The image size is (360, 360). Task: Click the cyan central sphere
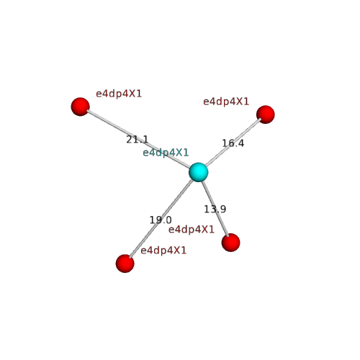198,172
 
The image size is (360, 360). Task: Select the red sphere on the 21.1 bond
81,107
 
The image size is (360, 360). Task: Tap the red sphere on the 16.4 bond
266,114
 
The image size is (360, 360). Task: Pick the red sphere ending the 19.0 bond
125,264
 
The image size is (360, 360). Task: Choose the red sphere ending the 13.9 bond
230,243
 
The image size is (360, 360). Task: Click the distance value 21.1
138,140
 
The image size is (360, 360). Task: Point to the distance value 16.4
233,143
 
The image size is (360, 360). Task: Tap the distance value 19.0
161,220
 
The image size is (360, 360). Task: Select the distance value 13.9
215,210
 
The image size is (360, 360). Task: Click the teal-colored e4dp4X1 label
166,153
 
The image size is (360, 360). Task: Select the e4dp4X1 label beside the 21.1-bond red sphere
119,94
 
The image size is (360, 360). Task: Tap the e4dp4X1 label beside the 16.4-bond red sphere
226,102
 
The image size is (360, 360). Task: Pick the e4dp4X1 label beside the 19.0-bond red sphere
163,251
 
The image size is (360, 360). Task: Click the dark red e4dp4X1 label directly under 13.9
192,230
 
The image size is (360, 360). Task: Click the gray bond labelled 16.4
233,142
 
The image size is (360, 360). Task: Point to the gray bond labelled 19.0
161,218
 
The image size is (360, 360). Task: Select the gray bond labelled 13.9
215,209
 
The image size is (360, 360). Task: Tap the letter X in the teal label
179,153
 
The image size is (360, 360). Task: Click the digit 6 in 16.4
230,143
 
